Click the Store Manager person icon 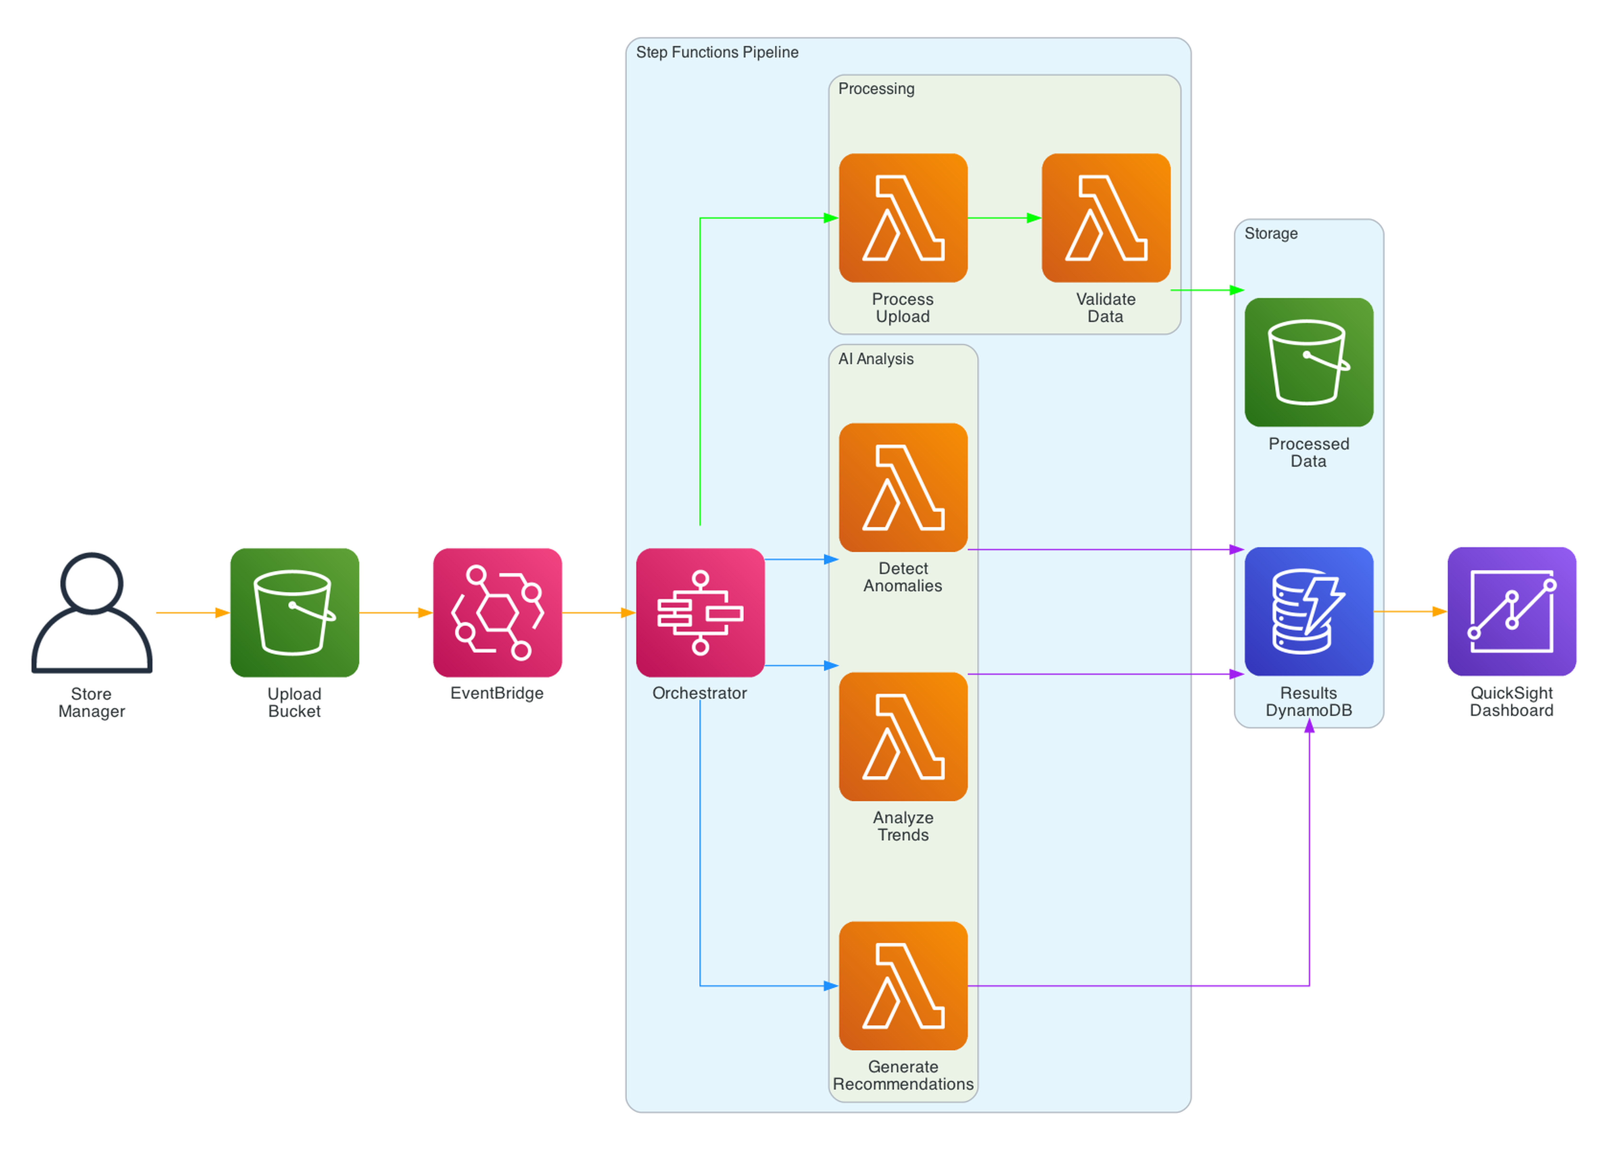point(92,612)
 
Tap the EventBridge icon point(497,612)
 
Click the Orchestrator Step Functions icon point(700,612)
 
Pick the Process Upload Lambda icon point(903,218)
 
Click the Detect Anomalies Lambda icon point(903,487)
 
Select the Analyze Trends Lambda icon point(903,736)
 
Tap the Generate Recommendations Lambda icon point(903,985)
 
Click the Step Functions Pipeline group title point(717,52)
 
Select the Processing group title point(876,89)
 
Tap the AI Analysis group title point(876,359)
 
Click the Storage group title point(1271,233)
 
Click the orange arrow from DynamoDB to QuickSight point(1409,611)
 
